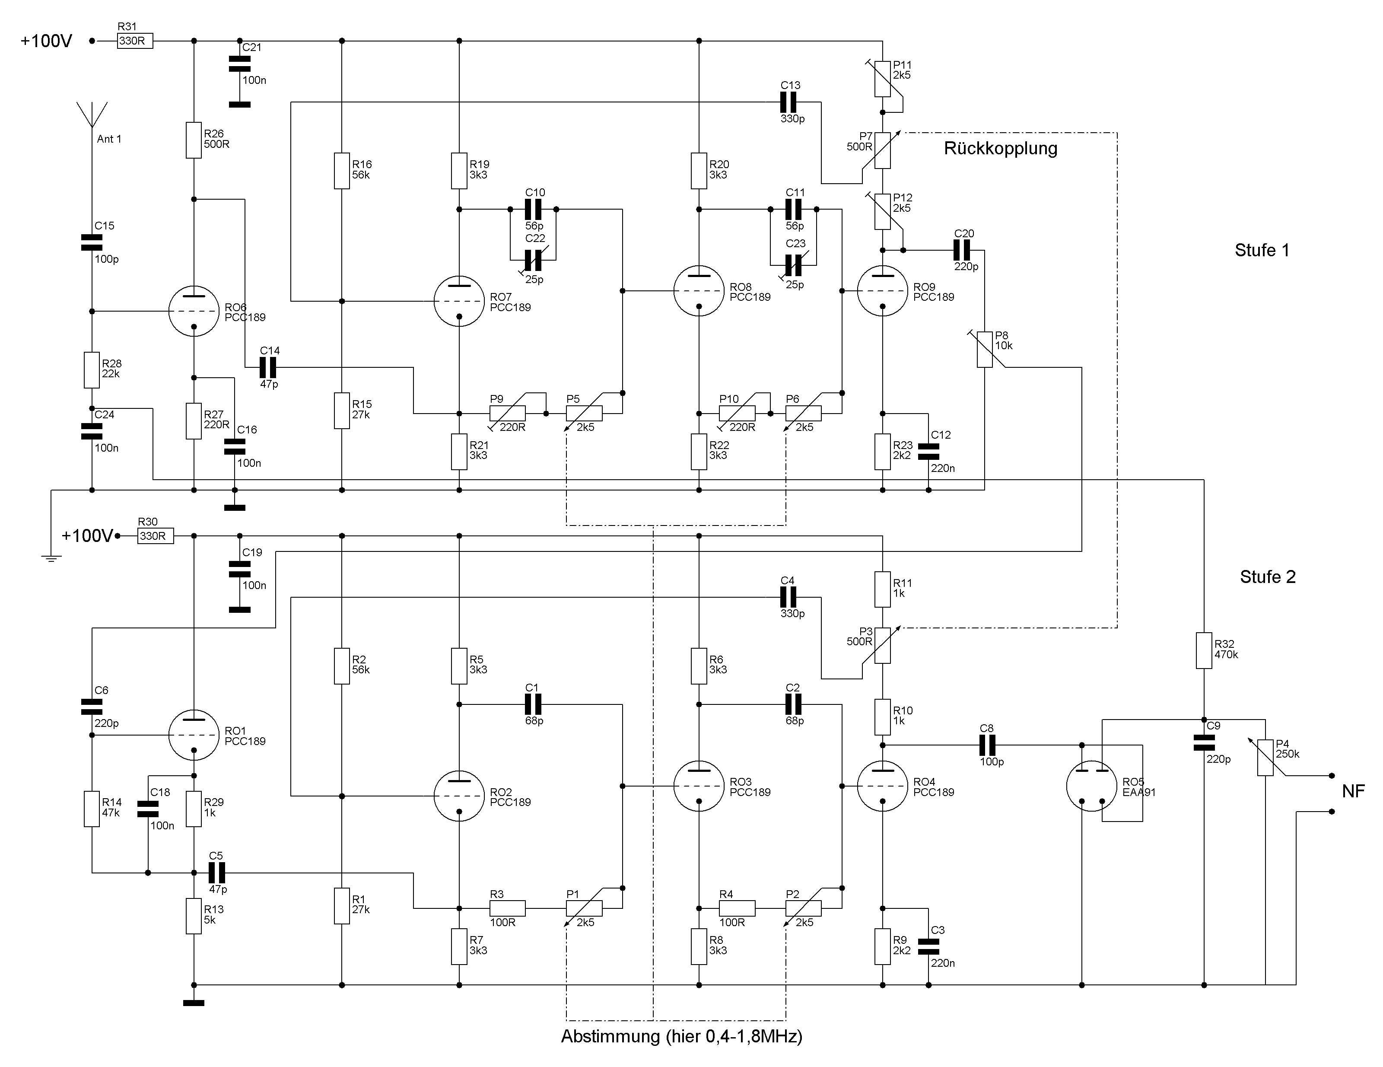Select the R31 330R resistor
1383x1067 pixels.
pyautogui.click(x=134, y=41)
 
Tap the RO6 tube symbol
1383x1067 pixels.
pyautogui.click(x=194, y=311)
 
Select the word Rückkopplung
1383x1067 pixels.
pyautogui.click(x=1001, y=148)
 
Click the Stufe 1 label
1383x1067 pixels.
pyautogui.click(x=1262, y=250)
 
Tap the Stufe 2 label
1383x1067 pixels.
pyautogui.click(x=1267, y=577)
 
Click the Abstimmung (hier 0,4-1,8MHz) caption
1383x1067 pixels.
pyautogui.click(x=681, y=1037)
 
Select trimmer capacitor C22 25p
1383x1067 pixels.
pyautogui.click(x=533, y=260)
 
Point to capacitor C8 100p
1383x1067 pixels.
pyautogui.click(x=987, y=745)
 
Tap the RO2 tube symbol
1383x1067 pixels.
pyautogui.click(x=459, y=796)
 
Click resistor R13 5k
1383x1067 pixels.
pyautogui.click(x=194, y=916)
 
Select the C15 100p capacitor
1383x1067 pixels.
pyautogui.click(x=92, y=242)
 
